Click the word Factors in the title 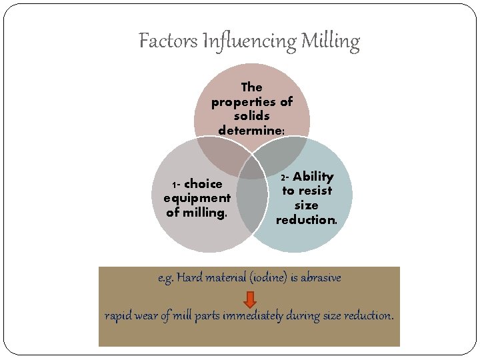(159, 41)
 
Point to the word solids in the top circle (252, 116)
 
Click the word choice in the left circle (203, 183)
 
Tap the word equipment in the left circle (197, 198)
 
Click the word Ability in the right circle (313, 177)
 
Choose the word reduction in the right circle (305, 220)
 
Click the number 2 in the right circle (283, 178)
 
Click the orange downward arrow (249, 298)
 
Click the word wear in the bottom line (145, 315)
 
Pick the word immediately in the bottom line (253, 315)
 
